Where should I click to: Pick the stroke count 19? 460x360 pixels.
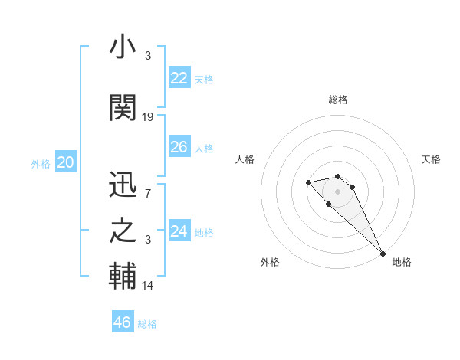(148, 117)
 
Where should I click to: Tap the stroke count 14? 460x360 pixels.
(148, 285)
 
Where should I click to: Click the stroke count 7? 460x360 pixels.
(148, 192)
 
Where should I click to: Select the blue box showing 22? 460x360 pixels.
(179, 78)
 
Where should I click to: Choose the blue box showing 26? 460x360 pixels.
(179, 147)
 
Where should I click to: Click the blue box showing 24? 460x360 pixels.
(179, 231)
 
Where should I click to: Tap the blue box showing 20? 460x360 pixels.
(66, 162)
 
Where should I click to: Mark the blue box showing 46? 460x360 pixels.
(123, 322)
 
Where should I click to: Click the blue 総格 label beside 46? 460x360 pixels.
(147, 324)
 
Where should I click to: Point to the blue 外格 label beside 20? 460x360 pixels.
(41, 164)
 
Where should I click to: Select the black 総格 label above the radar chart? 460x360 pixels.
(338, 100)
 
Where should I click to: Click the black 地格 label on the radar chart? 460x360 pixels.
(402, 263)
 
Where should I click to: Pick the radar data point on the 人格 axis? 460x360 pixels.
(308, 182)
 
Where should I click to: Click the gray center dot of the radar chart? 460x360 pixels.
(338, 191)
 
